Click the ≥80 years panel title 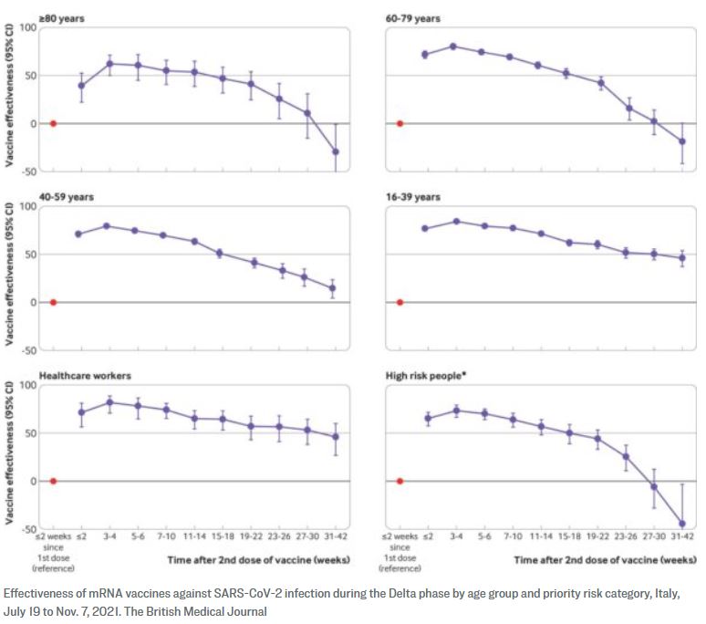62,16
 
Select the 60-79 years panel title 412,16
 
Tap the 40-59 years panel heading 66,196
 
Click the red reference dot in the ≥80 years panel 53,123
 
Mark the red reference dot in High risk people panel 400,481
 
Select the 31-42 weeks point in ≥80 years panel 335,151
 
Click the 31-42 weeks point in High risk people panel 681,524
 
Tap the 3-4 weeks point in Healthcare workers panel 109,402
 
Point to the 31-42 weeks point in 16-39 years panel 681,257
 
